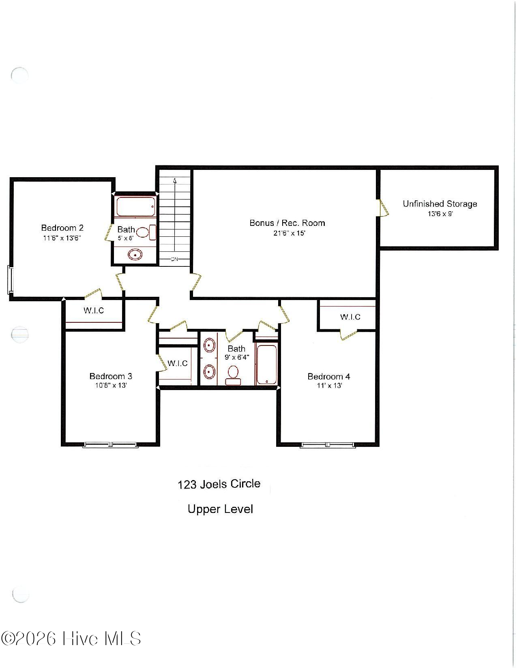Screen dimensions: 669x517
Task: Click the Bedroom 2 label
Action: (x=62, y=228)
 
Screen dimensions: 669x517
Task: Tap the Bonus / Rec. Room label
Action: (x=287, y=223)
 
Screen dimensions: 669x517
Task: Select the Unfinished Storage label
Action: (x=440, y=204)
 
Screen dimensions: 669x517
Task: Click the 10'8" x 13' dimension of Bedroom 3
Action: (x=111, y=386)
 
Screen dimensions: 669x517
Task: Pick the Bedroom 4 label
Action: (x=328, y=376)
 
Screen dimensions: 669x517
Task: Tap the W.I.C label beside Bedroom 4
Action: (x=350, y=317)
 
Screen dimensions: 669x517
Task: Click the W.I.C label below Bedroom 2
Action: (x=94, y=311)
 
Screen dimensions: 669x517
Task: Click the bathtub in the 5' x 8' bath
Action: (x=135, y=206)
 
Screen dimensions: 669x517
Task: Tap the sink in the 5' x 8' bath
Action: (x=135, y=255)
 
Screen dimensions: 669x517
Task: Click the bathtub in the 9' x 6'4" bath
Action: (x=266, y=365)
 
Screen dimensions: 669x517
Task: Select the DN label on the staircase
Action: (x=174, y=259)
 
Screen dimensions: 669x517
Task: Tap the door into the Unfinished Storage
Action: (x=383, y=208)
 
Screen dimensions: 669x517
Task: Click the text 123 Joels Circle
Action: (x=219, y=484)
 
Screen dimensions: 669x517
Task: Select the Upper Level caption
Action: (x=220, y=509)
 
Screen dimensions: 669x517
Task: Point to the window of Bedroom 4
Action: (x=328, y=445)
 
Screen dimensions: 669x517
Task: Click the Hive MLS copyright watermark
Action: (x=71, y=639)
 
